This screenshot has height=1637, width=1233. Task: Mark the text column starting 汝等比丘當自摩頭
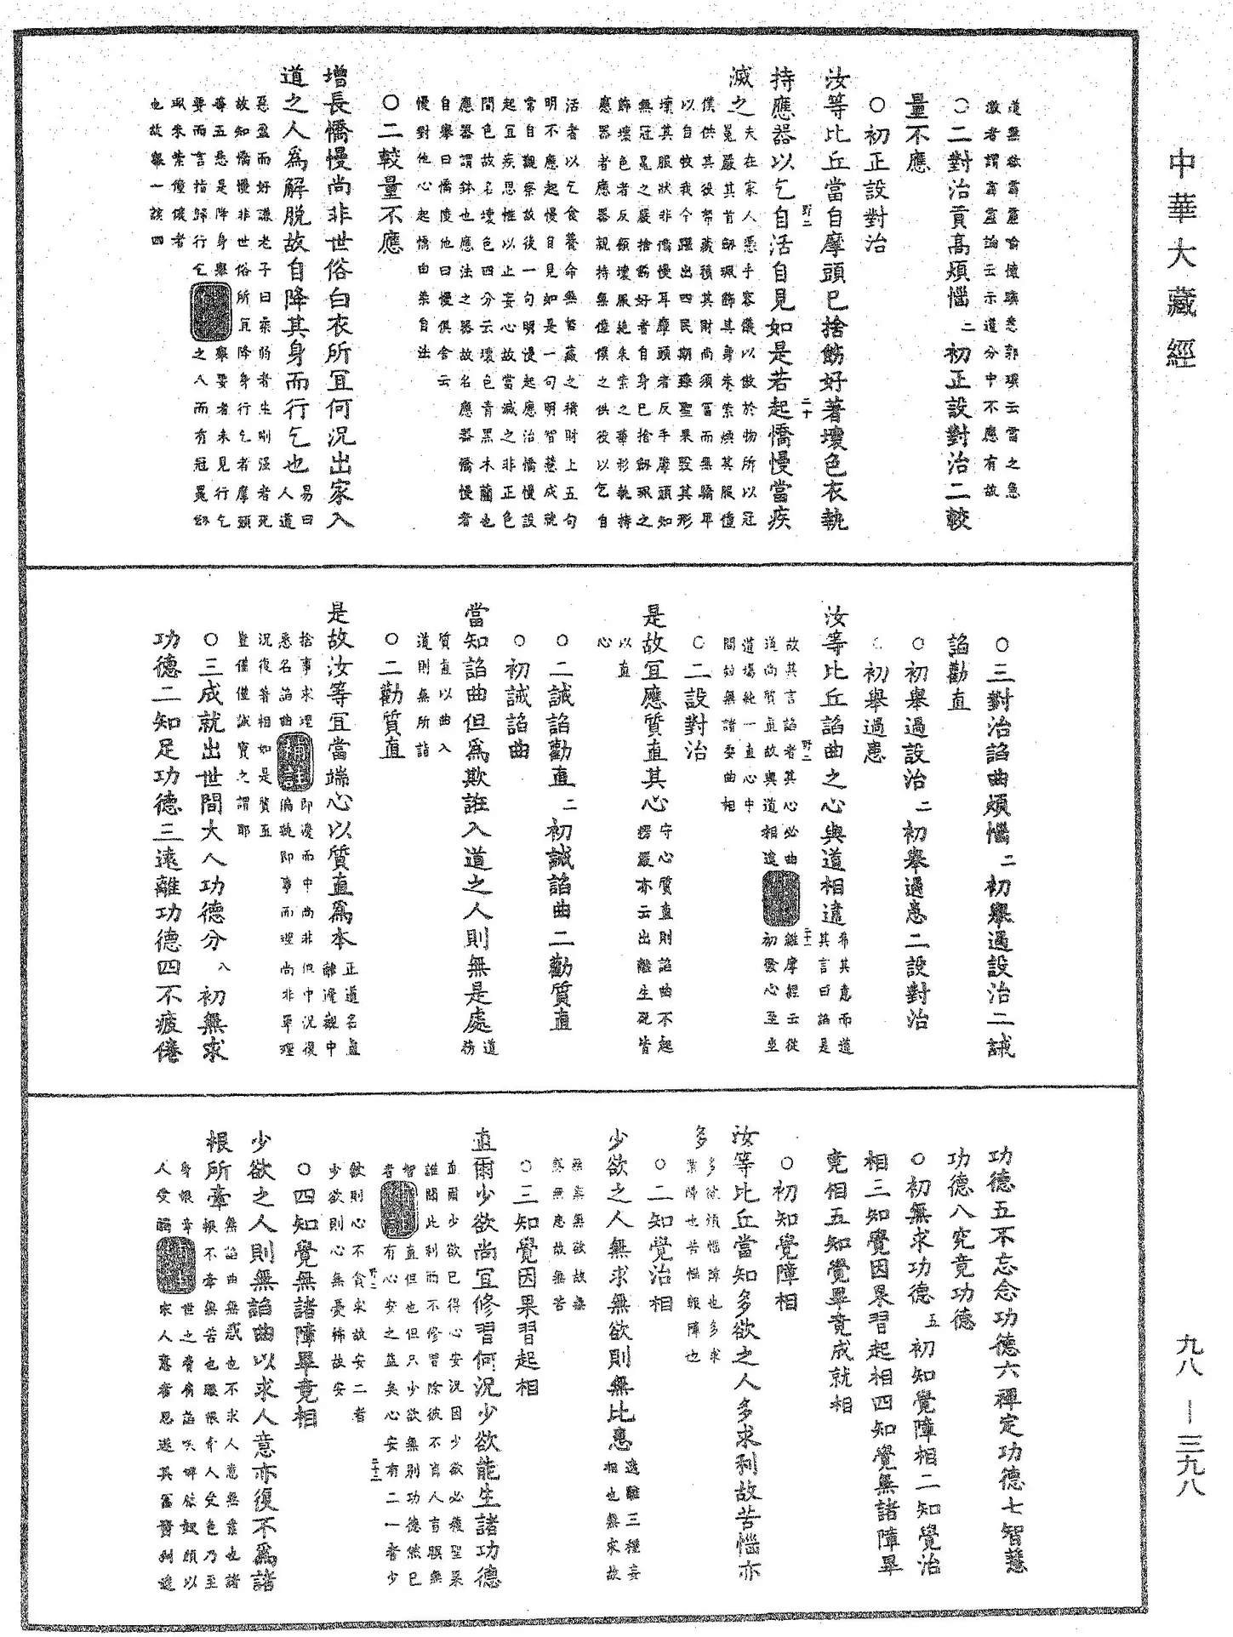(834, 298)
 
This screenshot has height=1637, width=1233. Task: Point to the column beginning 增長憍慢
(340, 298)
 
